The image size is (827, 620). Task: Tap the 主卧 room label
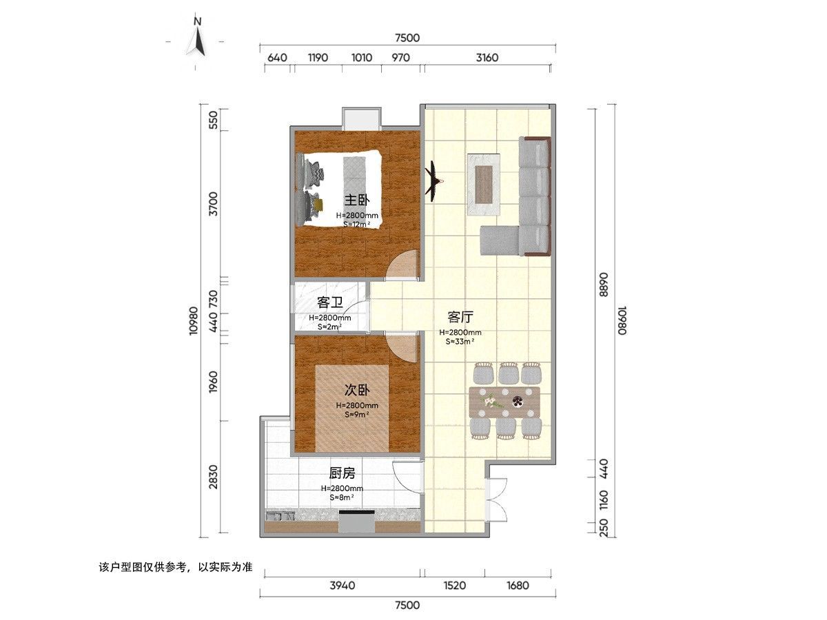357,200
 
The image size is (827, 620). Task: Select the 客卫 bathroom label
329,302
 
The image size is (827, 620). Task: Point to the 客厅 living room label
460,318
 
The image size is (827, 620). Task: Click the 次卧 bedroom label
357,391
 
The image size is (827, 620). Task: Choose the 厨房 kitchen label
342,473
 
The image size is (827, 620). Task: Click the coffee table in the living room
484,185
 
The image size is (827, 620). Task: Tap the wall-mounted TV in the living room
433,181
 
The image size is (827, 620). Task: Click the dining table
504,402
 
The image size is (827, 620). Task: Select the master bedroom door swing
402,265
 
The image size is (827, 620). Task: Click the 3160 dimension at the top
487,58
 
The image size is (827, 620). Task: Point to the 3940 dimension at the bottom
342,586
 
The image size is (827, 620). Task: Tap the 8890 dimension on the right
603,285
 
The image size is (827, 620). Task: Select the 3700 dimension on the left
213,204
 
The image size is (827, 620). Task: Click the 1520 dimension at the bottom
454,586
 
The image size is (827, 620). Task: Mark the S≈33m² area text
460,342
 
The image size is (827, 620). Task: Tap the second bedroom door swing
402,347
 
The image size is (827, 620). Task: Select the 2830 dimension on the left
213,477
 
